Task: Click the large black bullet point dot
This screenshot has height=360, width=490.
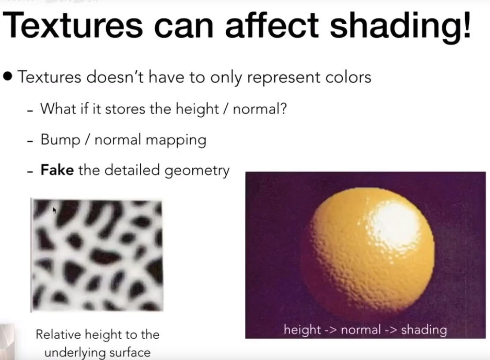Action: point(8,78)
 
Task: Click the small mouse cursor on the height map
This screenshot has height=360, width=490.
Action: point(54,210)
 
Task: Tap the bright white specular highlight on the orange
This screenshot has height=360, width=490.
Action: point(397,220)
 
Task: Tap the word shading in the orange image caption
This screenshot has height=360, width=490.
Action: point(423,330)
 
